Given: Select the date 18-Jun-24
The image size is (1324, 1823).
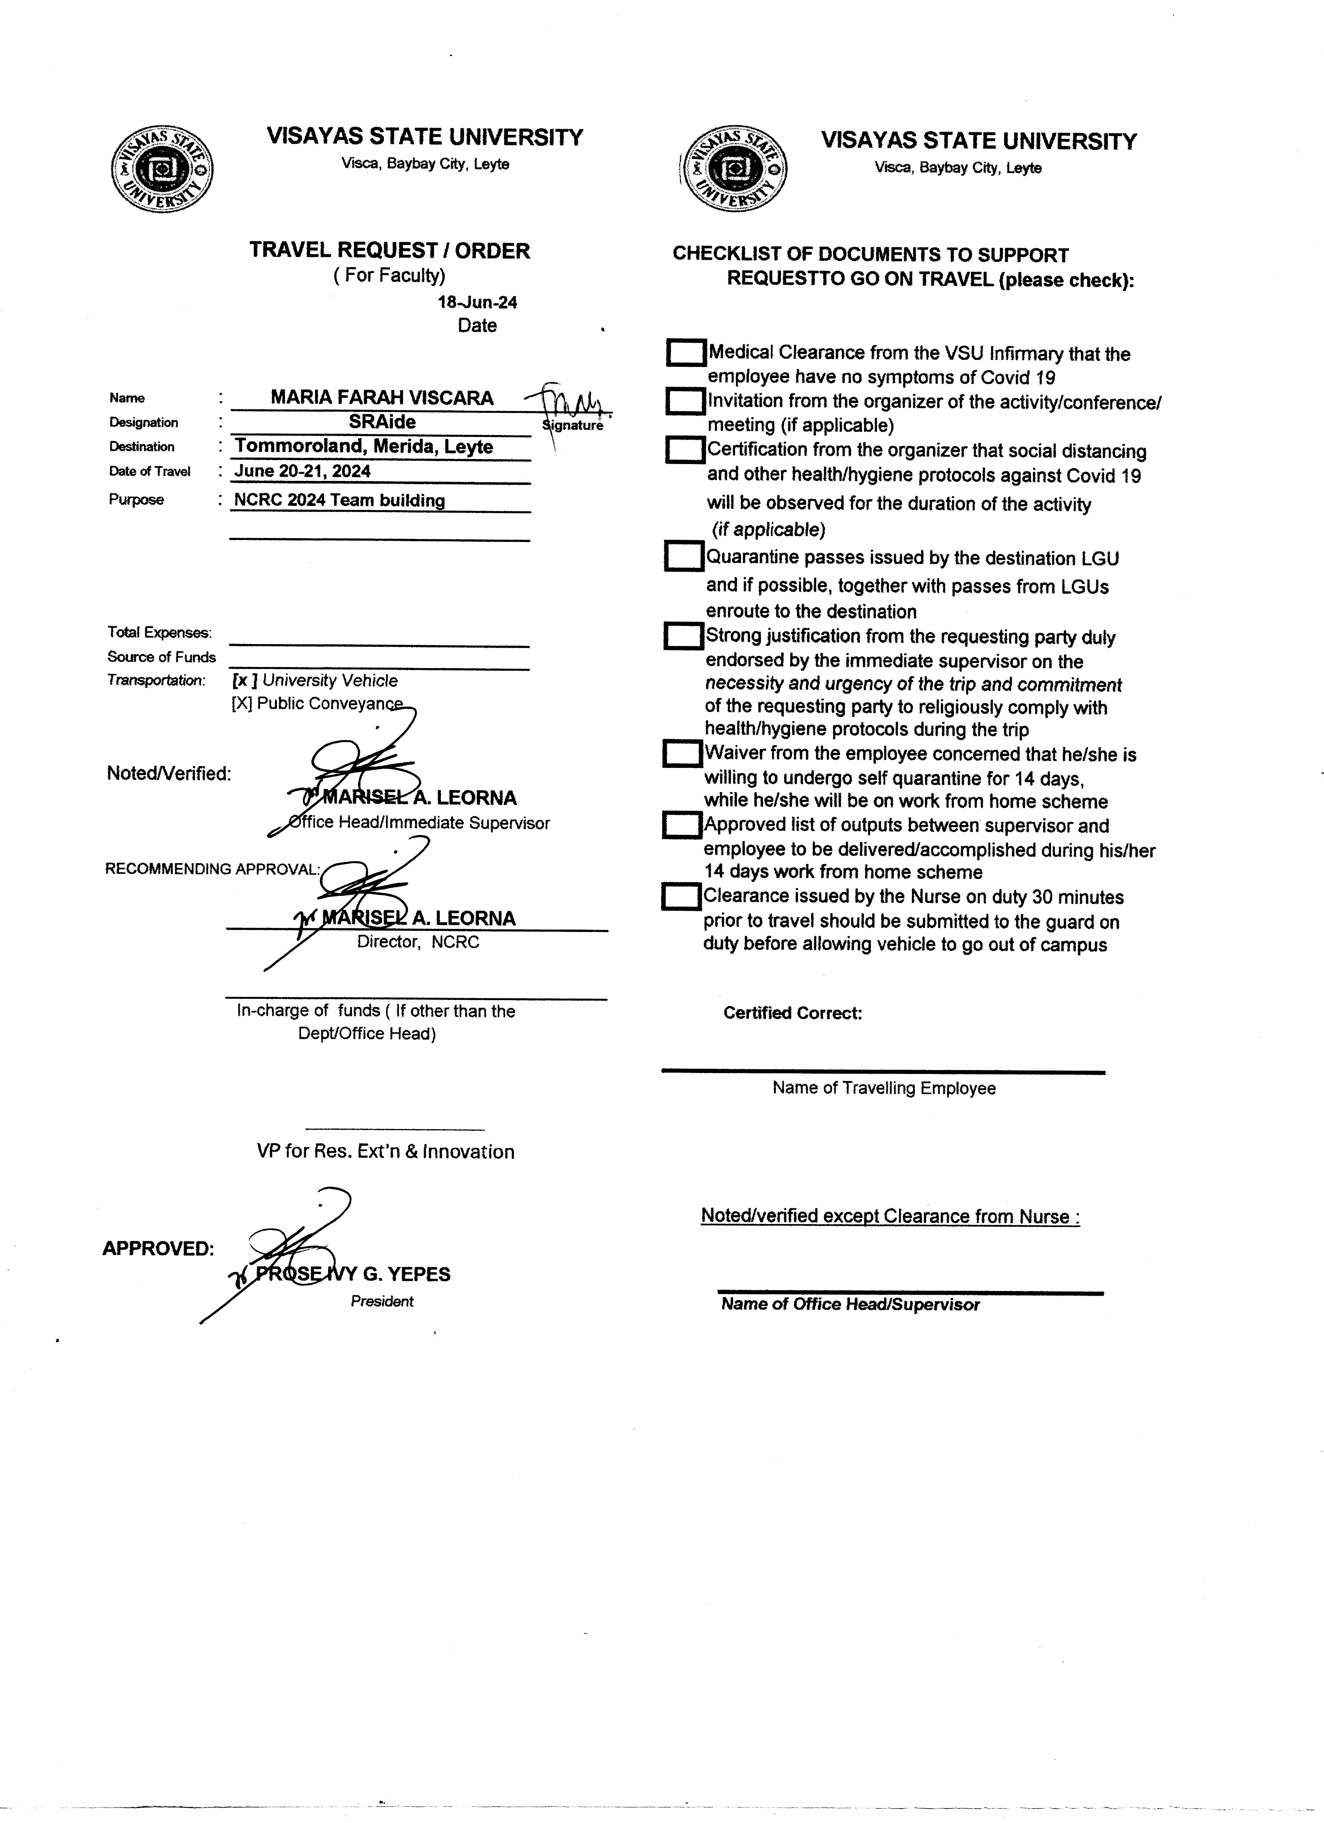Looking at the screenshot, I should click(x=477, y=302).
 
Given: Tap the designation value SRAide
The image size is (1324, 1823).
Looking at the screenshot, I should click(x=382, y=421).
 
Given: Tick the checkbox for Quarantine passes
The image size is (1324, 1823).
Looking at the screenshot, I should click(x=684, y=556).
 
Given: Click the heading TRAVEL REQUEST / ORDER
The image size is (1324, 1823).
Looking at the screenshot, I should click(x=390, y=251).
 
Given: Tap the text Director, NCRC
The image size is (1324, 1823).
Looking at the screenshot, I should click(x=418, y=942).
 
